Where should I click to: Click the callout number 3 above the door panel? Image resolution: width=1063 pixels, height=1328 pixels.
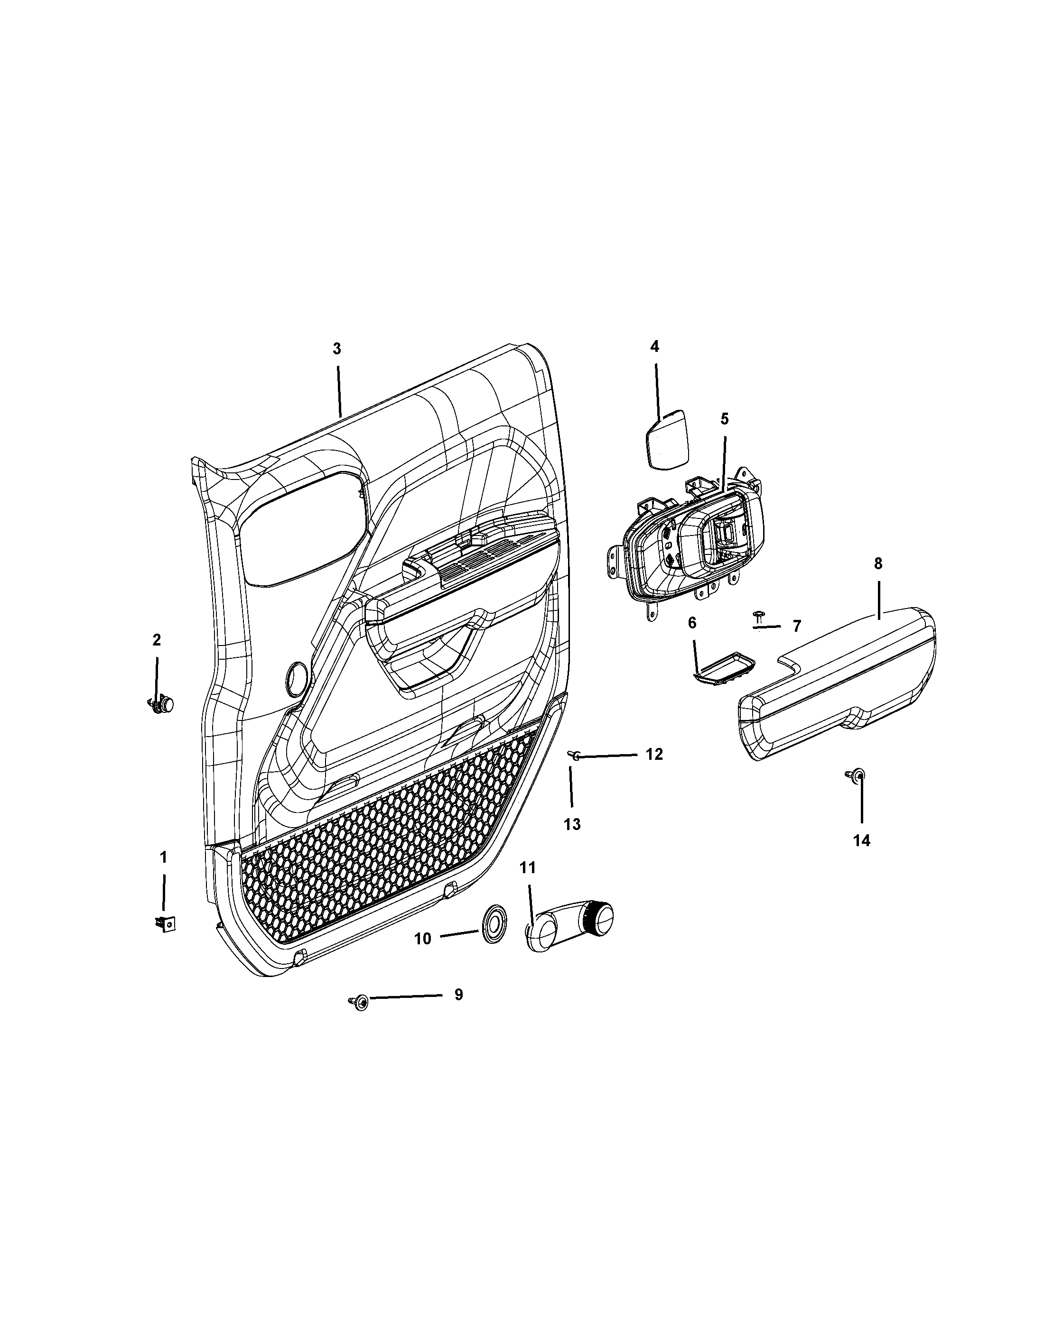pos(336,349)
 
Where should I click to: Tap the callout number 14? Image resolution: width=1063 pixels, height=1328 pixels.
pos(861,840)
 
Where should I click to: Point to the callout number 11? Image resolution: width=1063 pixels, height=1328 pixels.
pos(528,867)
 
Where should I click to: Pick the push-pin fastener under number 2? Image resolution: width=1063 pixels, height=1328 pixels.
pos(161,704)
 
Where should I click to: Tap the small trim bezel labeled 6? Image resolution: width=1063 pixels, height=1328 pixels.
pos(722,666)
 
